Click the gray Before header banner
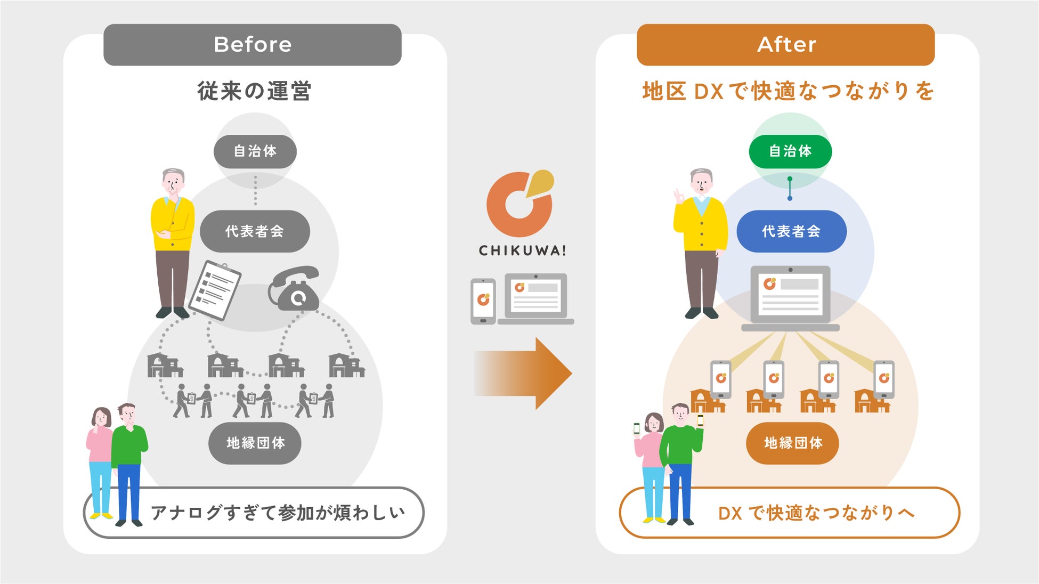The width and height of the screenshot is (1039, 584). (252, 45)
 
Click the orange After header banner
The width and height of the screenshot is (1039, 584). (785, 45)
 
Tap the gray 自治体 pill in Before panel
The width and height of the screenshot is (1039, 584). (255, 151)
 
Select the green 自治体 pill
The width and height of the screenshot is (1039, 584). (790, 151)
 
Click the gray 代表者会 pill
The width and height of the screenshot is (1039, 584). (255, 231)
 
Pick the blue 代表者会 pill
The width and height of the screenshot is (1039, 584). (791, 231)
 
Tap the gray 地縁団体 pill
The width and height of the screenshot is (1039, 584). (255, 443)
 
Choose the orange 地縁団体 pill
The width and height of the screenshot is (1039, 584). (792, 443)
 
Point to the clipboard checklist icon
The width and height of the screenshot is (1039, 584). (215, 290)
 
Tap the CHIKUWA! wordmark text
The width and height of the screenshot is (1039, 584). (522, 250)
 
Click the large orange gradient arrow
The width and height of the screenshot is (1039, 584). (522, 374)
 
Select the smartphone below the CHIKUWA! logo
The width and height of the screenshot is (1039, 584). (483, 301)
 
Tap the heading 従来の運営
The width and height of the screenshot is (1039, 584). (254, 91)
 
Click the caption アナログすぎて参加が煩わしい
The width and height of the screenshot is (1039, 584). (277, 513)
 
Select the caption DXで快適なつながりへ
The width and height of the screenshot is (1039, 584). (815, 513)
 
